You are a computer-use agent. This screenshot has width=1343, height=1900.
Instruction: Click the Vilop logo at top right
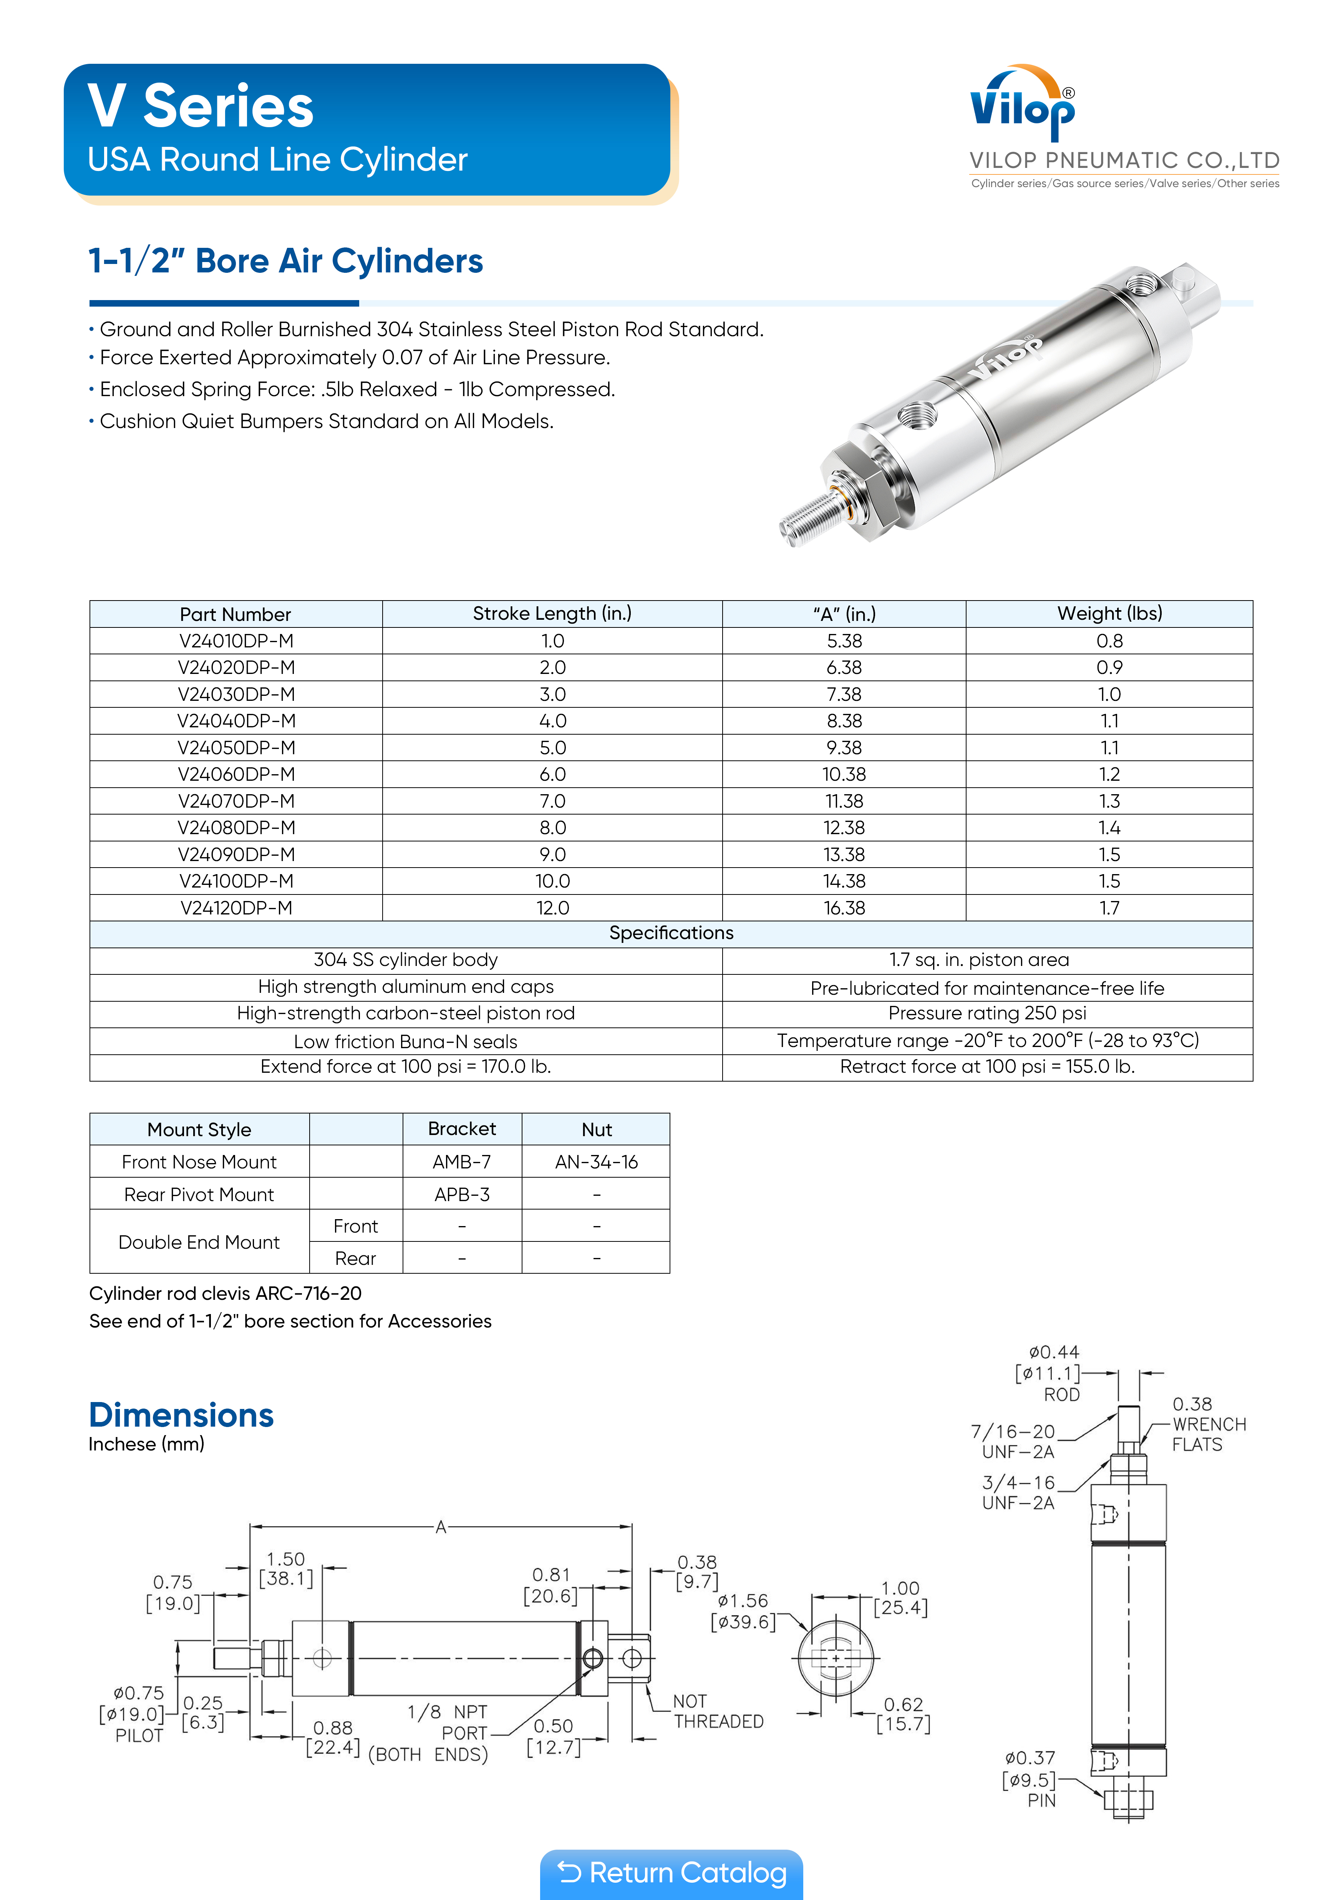1023,103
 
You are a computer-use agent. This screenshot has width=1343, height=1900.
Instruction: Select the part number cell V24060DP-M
236,775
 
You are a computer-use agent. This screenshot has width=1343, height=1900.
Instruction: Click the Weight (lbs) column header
1109,613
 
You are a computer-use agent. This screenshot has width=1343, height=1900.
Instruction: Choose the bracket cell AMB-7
462,1162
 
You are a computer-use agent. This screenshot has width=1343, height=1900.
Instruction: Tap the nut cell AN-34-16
596,1162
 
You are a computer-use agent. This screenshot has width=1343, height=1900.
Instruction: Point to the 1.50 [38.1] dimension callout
285,1569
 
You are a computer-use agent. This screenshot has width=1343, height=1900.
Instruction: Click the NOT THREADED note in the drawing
718,1711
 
